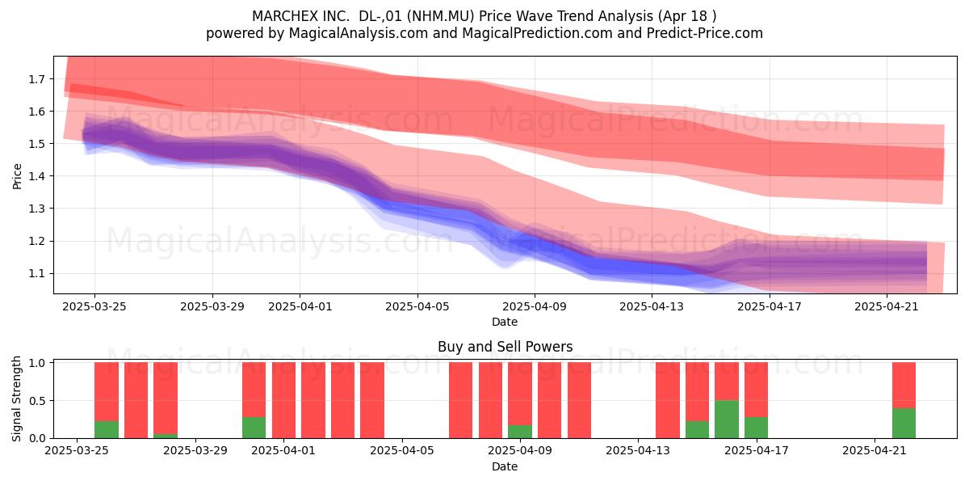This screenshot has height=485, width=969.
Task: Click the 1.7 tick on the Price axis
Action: [x=36, y=79]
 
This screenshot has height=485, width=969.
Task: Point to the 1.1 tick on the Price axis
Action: [x=36, y=274]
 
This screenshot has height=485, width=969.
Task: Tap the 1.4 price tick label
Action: [x=36, y=176]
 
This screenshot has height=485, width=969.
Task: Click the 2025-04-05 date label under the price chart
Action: [x=417, y=306]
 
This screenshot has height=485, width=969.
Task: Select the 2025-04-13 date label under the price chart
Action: [x=652, y=306]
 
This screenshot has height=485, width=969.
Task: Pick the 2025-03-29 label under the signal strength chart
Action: [x=195, y=450]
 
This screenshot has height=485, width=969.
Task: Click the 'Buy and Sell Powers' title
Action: [x=505, y=347]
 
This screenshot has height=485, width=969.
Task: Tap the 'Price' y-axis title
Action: [x=17, y=176]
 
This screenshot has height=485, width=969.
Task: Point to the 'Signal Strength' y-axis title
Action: [x=16, y=399]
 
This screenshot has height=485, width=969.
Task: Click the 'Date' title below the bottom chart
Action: [x=505, y=466]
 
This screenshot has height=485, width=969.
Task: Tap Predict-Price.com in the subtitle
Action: [x=705, y=33]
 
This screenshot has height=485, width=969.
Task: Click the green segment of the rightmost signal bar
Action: [x=904, y=423]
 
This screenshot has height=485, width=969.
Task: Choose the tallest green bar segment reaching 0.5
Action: [x=727, y=420]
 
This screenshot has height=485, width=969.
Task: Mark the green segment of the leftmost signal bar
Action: [x=107, y=429]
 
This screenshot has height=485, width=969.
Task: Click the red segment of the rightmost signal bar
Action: [x=904, y=386]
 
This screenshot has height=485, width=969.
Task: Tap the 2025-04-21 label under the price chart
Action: [x=887, y=306]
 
